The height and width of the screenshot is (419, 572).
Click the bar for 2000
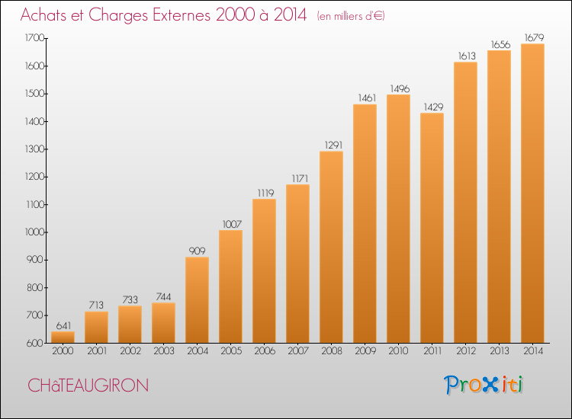click(x=63, y=337)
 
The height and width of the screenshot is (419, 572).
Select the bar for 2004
click(x=197, y=300)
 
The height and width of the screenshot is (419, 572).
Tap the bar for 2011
click(x=432, y=228)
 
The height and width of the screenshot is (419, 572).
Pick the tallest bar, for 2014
click(x=532, y=193)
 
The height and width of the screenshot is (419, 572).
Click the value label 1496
click(x=400, y=89)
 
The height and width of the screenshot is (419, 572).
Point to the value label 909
click(x=197, y=251)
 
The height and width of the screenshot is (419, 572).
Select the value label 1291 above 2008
click(x=333, y=145)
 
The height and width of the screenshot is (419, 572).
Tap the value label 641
click(x=63, y=325)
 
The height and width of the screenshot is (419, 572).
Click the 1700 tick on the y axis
click(x=34, y=38)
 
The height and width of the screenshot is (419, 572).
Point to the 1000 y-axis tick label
click(x=34, y=232)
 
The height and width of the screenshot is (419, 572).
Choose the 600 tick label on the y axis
click(x=35, y=344)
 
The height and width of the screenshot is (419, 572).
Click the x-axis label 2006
click(x=265, y=350)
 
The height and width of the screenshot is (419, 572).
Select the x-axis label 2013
click(x=499, y=350)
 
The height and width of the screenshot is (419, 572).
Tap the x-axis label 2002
click(x=130, y=350)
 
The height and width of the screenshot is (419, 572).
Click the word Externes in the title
click(x=182, y=14)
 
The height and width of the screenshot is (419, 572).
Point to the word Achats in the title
click(x=43, y=14)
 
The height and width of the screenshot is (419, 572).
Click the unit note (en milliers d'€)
click(x=351, y=16)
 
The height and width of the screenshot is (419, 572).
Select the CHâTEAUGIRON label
click(x=88, y=385)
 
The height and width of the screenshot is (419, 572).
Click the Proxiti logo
click(x=484, y=385)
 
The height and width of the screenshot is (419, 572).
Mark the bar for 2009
click(x=365, y=223)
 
